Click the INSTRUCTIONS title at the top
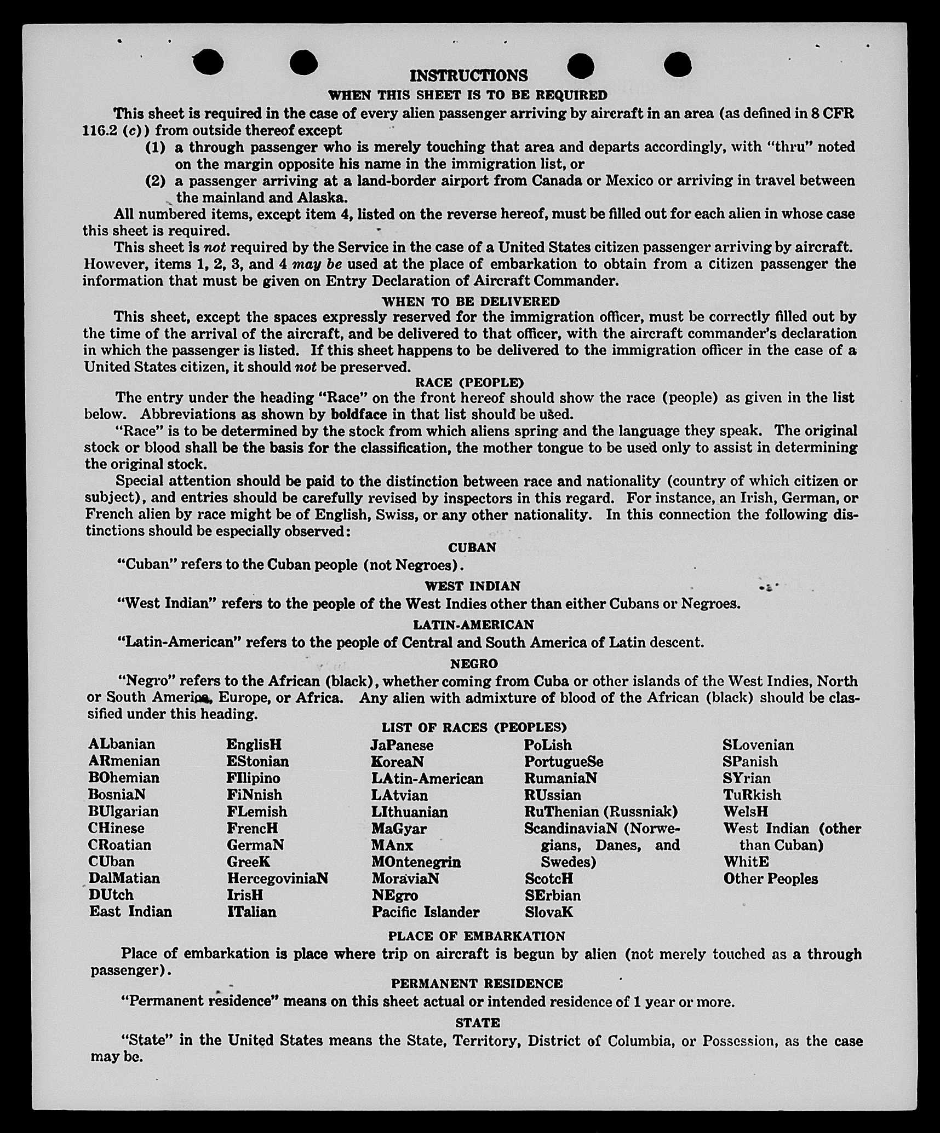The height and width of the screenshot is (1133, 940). [468, 76]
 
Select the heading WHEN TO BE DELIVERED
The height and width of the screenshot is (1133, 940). [471, 302]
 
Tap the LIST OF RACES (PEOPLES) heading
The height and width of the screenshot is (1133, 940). [474, 727]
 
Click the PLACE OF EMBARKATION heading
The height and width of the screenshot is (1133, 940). [476, 936]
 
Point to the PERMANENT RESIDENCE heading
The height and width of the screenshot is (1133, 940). [477, 984]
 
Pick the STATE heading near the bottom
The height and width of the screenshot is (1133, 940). [478, 1022]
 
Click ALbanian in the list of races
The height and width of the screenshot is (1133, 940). [122, 744]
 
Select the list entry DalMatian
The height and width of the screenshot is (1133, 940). [124, 878]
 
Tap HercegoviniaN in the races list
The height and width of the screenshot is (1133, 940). [277, 878]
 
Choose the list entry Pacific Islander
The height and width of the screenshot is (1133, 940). [426, 912]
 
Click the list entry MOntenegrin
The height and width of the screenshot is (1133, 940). [416, 862]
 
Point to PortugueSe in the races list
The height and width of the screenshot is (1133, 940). [564, 762]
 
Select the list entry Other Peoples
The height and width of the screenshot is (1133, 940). [770, 879]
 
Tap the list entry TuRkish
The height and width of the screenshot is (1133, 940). [752, 795]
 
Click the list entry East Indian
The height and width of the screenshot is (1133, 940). [130, 912]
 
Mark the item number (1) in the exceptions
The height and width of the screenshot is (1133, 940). [155, 147]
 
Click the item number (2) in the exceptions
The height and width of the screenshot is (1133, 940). [155, 181]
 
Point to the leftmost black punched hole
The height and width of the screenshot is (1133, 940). [208, 62]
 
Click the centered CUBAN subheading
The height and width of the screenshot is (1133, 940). [472, 548]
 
